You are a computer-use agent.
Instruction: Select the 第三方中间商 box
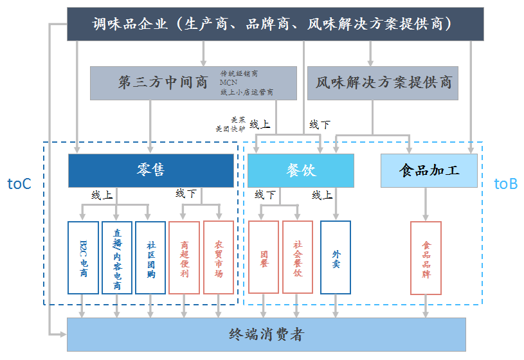tap(193, 83)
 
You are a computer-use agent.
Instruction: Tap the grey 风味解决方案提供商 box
tap(383, 83)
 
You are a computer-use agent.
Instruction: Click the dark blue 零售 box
tap(151, 170)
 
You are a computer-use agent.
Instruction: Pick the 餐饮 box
tap(301, 170)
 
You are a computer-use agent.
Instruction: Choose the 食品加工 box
tap(429, 170)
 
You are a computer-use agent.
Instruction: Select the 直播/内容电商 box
tap(117, 257)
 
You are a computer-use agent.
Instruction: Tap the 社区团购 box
tap(150, 257)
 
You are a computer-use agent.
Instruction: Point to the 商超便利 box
tap(184, 257)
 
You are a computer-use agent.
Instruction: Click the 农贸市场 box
tap(218, 257)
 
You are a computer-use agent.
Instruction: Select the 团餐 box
tap(264, 257)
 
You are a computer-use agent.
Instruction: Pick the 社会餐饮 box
tap(297, 257)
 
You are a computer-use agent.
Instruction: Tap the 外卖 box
tap(336, 257)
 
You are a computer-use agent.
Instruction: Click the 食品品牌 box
tap(426, 257)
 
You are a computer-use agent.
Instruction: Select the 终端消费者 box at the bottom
tap(266, 334)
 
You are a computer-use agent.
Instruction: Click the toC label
tap(19, 184)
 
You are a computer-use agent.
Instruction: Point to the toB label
tap(505, 184)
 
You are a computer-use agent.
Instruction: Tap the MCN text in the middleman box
tap(228, 82)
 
